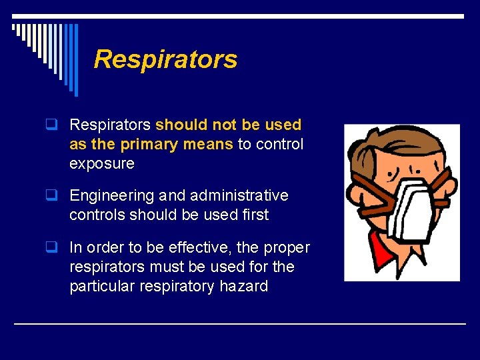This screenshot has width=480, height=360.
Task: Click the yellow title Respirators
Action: click(165, 59)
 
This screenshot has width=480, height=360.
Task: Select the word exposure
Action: click(101, 163)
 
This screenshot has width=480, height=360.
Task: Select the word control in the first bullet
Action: click(279, 144)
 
